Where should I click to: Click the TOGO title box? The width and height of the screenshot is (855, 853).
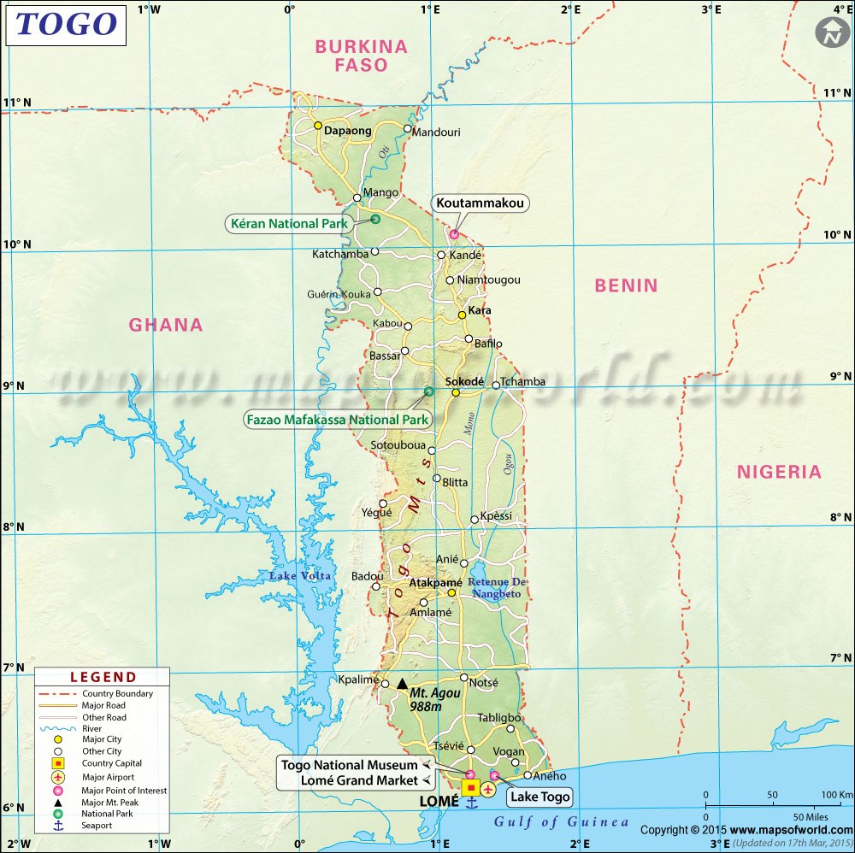(66, 24)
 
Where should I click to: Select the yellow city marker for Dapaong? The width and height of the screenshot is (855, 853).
(317, 126)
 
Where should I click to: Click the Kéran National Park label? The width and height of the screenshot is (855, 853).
(290, 224)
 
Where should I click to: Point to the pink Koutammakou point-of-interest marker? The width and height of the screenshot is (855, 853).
(454, 234)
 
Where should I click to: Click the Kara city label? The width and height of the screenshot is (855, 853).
(480, 310)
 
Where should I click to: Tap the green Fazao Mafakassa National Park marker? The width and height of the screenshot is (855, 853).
(429, 391)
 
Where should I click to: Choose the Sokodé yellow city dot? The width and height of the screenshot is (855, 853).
(456, 392)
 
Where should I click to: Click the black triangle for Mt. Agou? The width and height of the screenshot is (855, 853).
(402, 683)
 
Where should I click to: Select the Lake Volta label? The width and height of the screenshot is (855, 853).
(300, 575)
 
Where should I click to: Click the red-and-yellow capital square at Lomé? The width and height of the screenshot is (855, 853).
(470, 788)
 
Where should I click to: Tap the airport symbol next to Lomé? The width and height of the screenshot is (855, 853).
(487, 788)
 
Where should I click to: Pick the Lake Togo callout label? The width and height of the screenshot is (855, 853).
(539, 797)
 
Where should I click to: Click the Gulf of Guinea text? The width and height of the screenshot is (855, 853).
(561, 822)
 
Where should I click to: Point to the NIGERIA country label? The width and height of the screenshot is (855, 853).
(779, 472)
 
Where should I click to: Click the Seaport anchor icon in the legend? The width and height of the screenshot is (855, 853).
(58, 826)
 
